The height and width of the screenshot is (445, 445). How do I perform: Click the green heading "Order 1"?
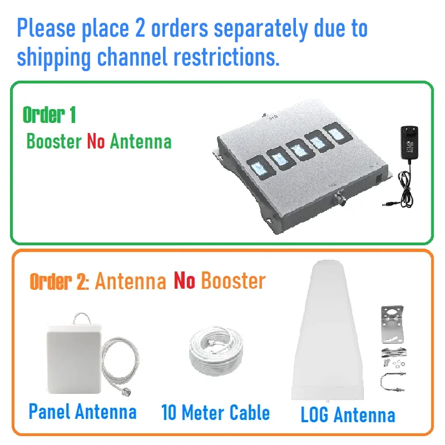point(49,115)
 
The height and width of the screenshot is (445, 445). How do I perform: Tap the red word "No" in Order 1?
point(95,141)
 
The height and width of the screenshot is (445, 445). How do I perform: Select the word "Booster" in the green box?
point(54,141)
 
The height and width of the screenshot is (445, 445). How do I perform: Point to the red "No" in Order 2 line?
point(184,281)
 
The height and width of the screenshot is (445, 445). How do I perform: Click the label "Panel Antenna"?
point(82,412)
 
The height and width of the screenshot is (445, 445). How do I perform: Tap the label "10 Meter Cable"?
point(215,413)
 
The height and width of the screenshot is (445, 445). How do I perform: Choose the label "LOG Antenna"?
point(348,415)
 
